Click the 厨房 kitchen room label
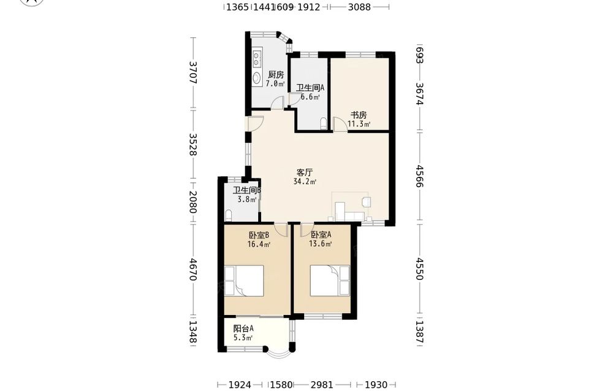(x=276, y=75)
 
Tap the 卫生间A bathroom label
(x=310, y=88)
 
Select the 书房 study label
(x=359, y=115)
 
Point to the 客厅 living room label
(x=305, y=172)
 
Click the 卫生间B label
(x=247, y=191)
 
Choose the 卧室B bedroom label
(x=259, y=235)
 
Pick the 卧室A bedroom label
(x=321, y=235)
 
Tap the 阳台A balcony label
(x=243, y=328)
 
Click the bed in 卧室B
(x=245, y=281)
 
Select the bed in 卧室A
(x=330, y=281)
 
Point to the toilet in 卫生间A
(x=324, y=123)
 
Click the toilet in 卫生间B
(x=229, y=215)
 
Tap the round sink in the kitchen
(x=256, y=78)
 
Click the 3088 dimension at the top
(x=359, y=7)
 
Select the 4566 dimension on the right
(x=419, y=176)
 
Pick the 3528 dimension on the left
(x=193, y=144)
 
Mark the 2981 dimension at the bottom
(x=322, y=385)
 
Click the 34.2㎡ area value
(x=305, y=182)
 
